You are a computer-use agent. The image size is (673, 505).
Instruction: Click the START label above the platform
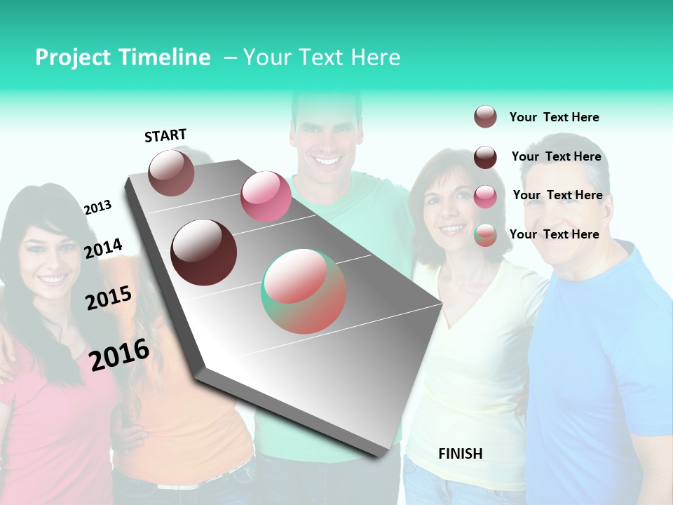pos(165,135)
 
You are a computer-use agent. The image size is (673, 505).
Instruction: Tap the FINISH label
pos(460,454)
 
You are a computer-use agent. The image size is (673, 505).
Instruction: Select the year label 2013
pos(97,208)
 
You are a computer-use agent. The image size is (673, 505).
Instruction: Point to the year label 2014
pos(103,248)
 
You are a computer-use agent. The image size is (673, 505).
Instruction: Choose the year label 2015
pos(109,298)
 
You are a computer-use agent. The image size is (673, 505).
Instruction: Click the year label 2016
pos(119,355)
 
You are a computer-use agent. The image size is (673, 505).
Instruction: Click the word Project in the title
pos(72,58)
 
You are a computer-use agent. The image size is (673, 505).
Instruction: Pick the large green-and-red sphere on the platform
pos(304,291)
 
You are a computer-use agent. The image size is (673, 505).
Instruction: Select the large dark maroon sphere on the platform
pos(204,252)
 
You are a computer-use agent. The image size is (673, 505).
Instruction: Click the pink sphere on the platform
pos(266,196)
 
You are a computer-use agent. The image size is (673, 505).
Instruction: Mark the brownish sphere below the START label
pos(172,173)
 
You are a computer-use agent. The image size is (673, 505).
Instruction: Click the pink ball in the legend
pos(485,196)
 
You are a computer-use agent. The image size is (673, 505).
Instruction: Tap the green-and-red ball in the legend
pos(485,235)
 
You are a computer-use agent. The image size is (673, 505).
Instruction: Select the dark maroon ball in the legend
pos(485,157)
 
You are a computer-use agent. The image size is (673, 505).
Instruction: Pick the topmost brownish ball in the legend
pos(485,116)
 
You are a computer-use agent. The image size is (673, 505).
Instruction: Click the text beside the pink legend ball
pos(557,195)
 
